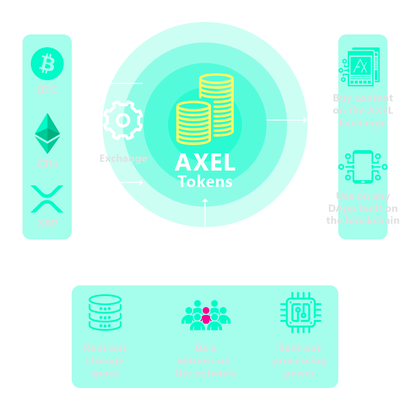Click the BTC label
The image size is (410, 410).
pyautogui.click(x=47, y=90)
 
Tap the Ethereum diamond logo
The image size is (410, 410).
pyautogui.click(x=47, y=133)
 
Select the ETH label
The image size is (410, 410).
pyautogui.click(x=47, y=164)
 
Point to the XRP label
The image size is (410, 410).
pyautogui.click(x=47, y=223)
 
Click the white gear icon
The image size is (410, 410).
pyautogui.click(x=123, y=120)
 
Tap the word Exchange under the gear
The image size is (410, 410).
pyautogui.click(x=123, y=159)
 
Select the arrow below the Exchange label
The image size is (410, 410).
pyautogui.click(x=122, y=183)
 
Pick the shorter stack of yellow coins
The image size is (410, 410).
pyautogui.click(x=193, y=123)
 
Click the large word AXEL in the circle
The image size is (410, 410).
pyautogui.click(x=205, y=163)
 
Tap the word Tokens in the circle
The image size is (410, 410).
pyautogui.click(x=205, y=182)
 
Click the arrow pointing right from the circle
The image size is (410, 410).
pyautogui.click(x=287, y=120)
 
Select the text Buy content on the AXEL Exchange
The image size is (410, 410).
pyautogui.click(x=363, y=111)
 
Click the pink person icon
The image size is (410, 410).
pyautogui.click(x=206, y=316)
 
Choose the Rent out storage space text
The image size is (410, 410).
pyautogui.click(x=105, y=361)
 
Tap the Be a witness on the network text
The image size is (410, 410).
pyautogui.click(x=205, y=361)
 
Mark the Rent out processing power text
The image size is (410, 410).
pyautogui.click(x=299, y=361)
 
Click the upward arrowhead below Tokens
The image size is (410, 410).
pyautogui.click(x=205, y=201)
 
